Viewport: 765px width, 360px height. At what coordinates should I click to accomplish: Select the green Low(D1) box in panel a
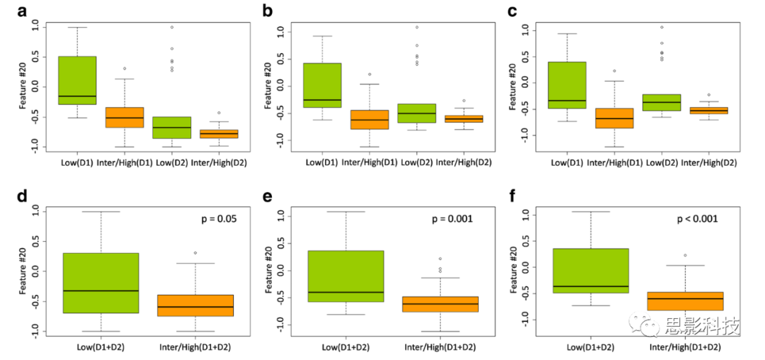pos(77,80)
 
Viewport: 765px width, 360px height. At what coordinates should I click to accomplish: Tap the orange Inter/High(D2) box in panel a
pos(219,134)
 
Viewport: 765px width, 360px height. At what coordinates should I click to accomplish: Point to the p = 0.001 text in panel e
pos(452,218)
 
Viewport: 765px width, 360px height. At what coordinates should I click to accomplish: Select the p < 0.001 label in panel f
pos(696,218)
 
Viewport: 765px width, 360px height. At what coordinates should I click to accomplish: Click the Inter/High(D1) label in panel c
pos(614,162)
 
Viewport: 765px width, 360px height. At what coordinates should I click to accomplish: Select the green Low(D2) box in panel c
pos(662,102)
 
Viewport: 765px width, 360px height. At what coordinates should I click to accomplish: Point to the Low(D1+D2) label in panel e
pos(345,347)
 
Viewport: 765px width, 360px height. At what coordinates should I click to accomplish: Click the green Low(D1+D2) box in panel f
pos(591,271)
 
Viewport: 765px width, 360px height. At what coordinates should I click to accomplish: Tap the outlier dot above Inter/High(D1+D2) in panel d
pos(195,253)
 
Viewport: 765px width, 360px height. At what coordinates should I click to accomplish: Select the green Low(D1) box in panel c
pos(567,85)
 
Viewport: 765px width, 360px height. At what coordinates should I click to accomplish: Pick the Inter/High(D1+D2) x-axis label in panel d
pos(195,347)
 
